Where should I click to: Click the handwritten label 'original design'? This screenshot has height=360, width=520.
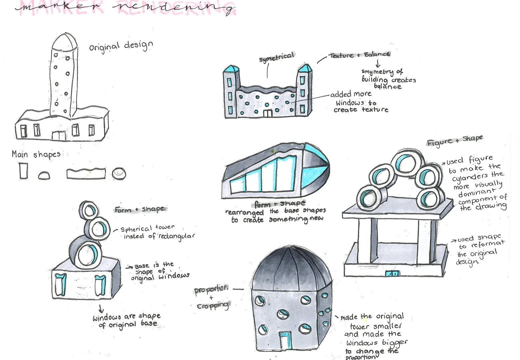point(121,46)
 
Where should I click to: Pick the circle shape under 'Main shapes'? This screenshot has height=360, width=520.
point(119,174)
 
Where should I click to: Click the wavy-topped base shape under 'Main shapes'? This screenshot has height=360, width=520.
point(86,173)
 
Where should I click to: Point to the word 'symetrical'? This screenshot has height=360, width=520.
point(277,57)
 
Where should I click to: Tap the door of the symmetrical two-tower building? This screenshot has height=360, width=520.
point(268,113)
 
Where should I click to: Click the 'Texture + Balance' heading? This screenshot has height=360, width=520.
point(359,55)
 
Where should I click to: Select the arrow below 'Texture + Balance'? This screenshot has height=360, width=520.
point(378,64)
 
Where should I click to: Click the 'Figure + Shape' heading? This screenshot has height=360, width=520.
point(455,140)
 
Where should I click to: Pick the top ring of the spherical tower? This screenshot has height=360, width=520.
point(89,210)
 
